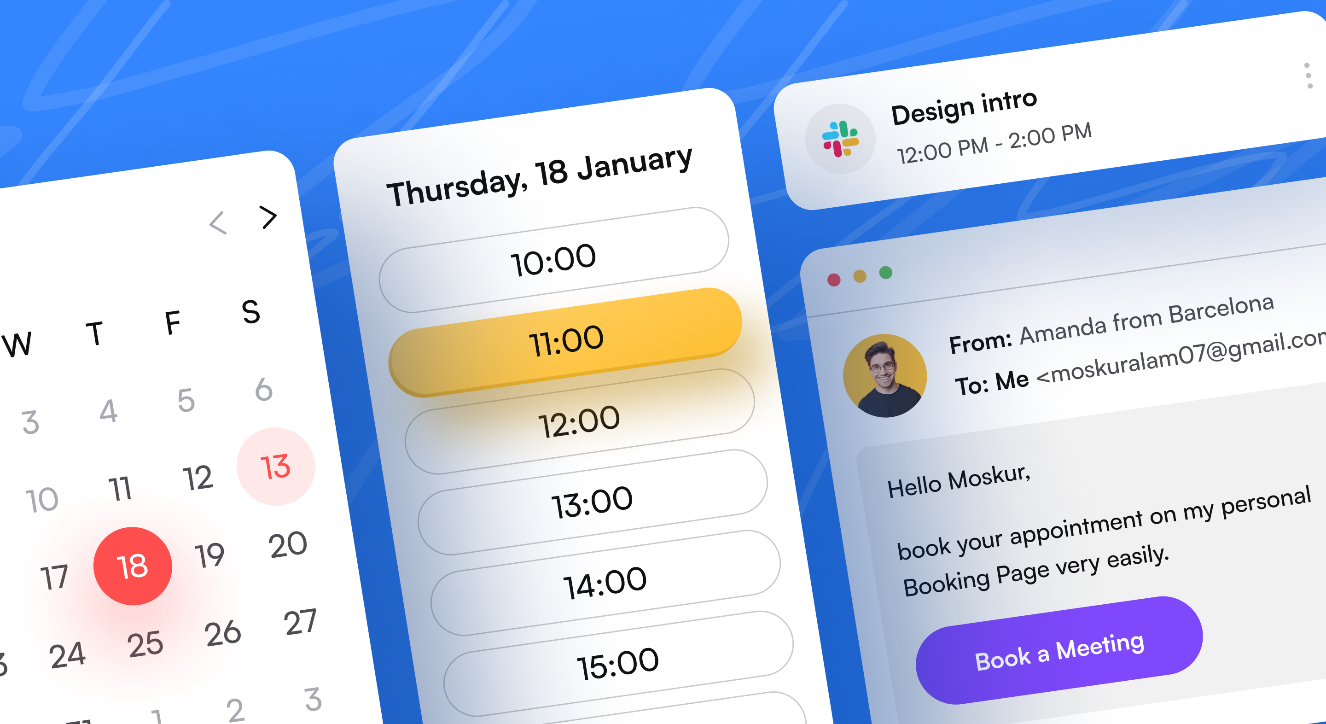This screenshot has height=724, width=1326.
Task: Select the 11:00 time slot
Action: tap(565, 342)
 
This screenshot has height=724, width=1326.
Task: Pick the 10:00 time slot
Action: tap(554, 260)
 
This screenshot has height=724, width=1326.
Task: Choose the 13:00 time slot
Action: tap(593, 502)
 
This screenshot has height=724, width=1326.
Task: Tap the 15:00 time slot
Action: tap(618, 664)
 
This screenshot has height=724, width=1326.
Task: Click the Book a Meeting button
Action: tap(1059, 650)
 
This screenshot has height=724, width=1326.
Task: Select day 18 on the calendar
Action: tap(133, 566)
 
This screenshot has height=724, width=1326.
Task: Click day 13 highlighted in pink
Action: tap(276, 467)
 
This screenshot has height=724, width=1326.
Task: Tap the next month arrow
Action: tap(268, 217)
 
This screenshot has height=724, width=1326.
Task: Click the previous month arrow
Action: tap(218, 223)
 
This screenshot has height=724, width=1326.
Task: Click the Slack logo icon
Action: tap(840, 139)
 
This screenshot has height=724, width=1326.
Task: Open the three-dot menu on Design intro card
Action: tap(1308, 75)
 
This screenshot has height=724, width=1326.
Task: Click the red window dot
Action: tap(834, 280)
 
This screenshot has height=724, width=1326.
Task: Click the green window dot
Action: tap(885, 272)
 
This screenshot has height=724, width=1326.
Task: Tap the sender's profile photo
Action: tap(885, 376)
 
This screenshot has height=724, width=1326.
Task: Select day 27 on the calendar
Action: tap(300, 622)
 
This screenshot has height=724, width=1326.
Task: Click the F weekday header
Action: tap(173, 323)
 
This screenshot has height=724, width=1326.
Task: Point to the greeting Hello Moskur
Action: tap(959, 481)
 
